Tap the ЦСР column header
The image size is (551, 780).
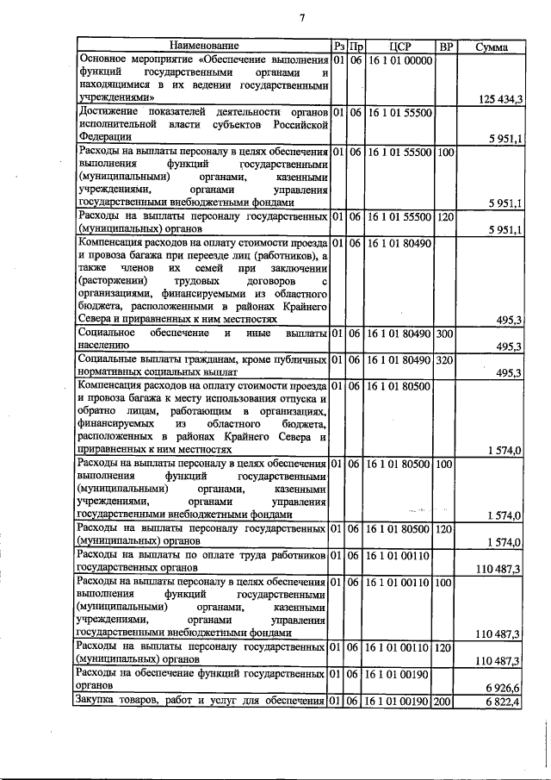click(x=399, y=46)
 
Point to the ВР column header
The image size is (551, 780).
click(x=445, y=46)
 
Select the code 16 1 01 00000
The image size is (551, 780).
click(x=399, y=61)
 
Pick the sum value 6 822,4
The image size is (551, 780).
click(x=503, y=702)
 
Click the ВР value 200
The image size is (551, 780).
click(x=444, y=702)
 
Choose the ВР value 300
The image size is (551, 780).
click(x=444, y=333)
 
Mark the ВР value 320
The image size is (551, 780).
click(x=444, y=359)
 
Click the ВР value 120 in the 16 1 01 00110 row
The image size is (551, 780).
click(x=444, y=647)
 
